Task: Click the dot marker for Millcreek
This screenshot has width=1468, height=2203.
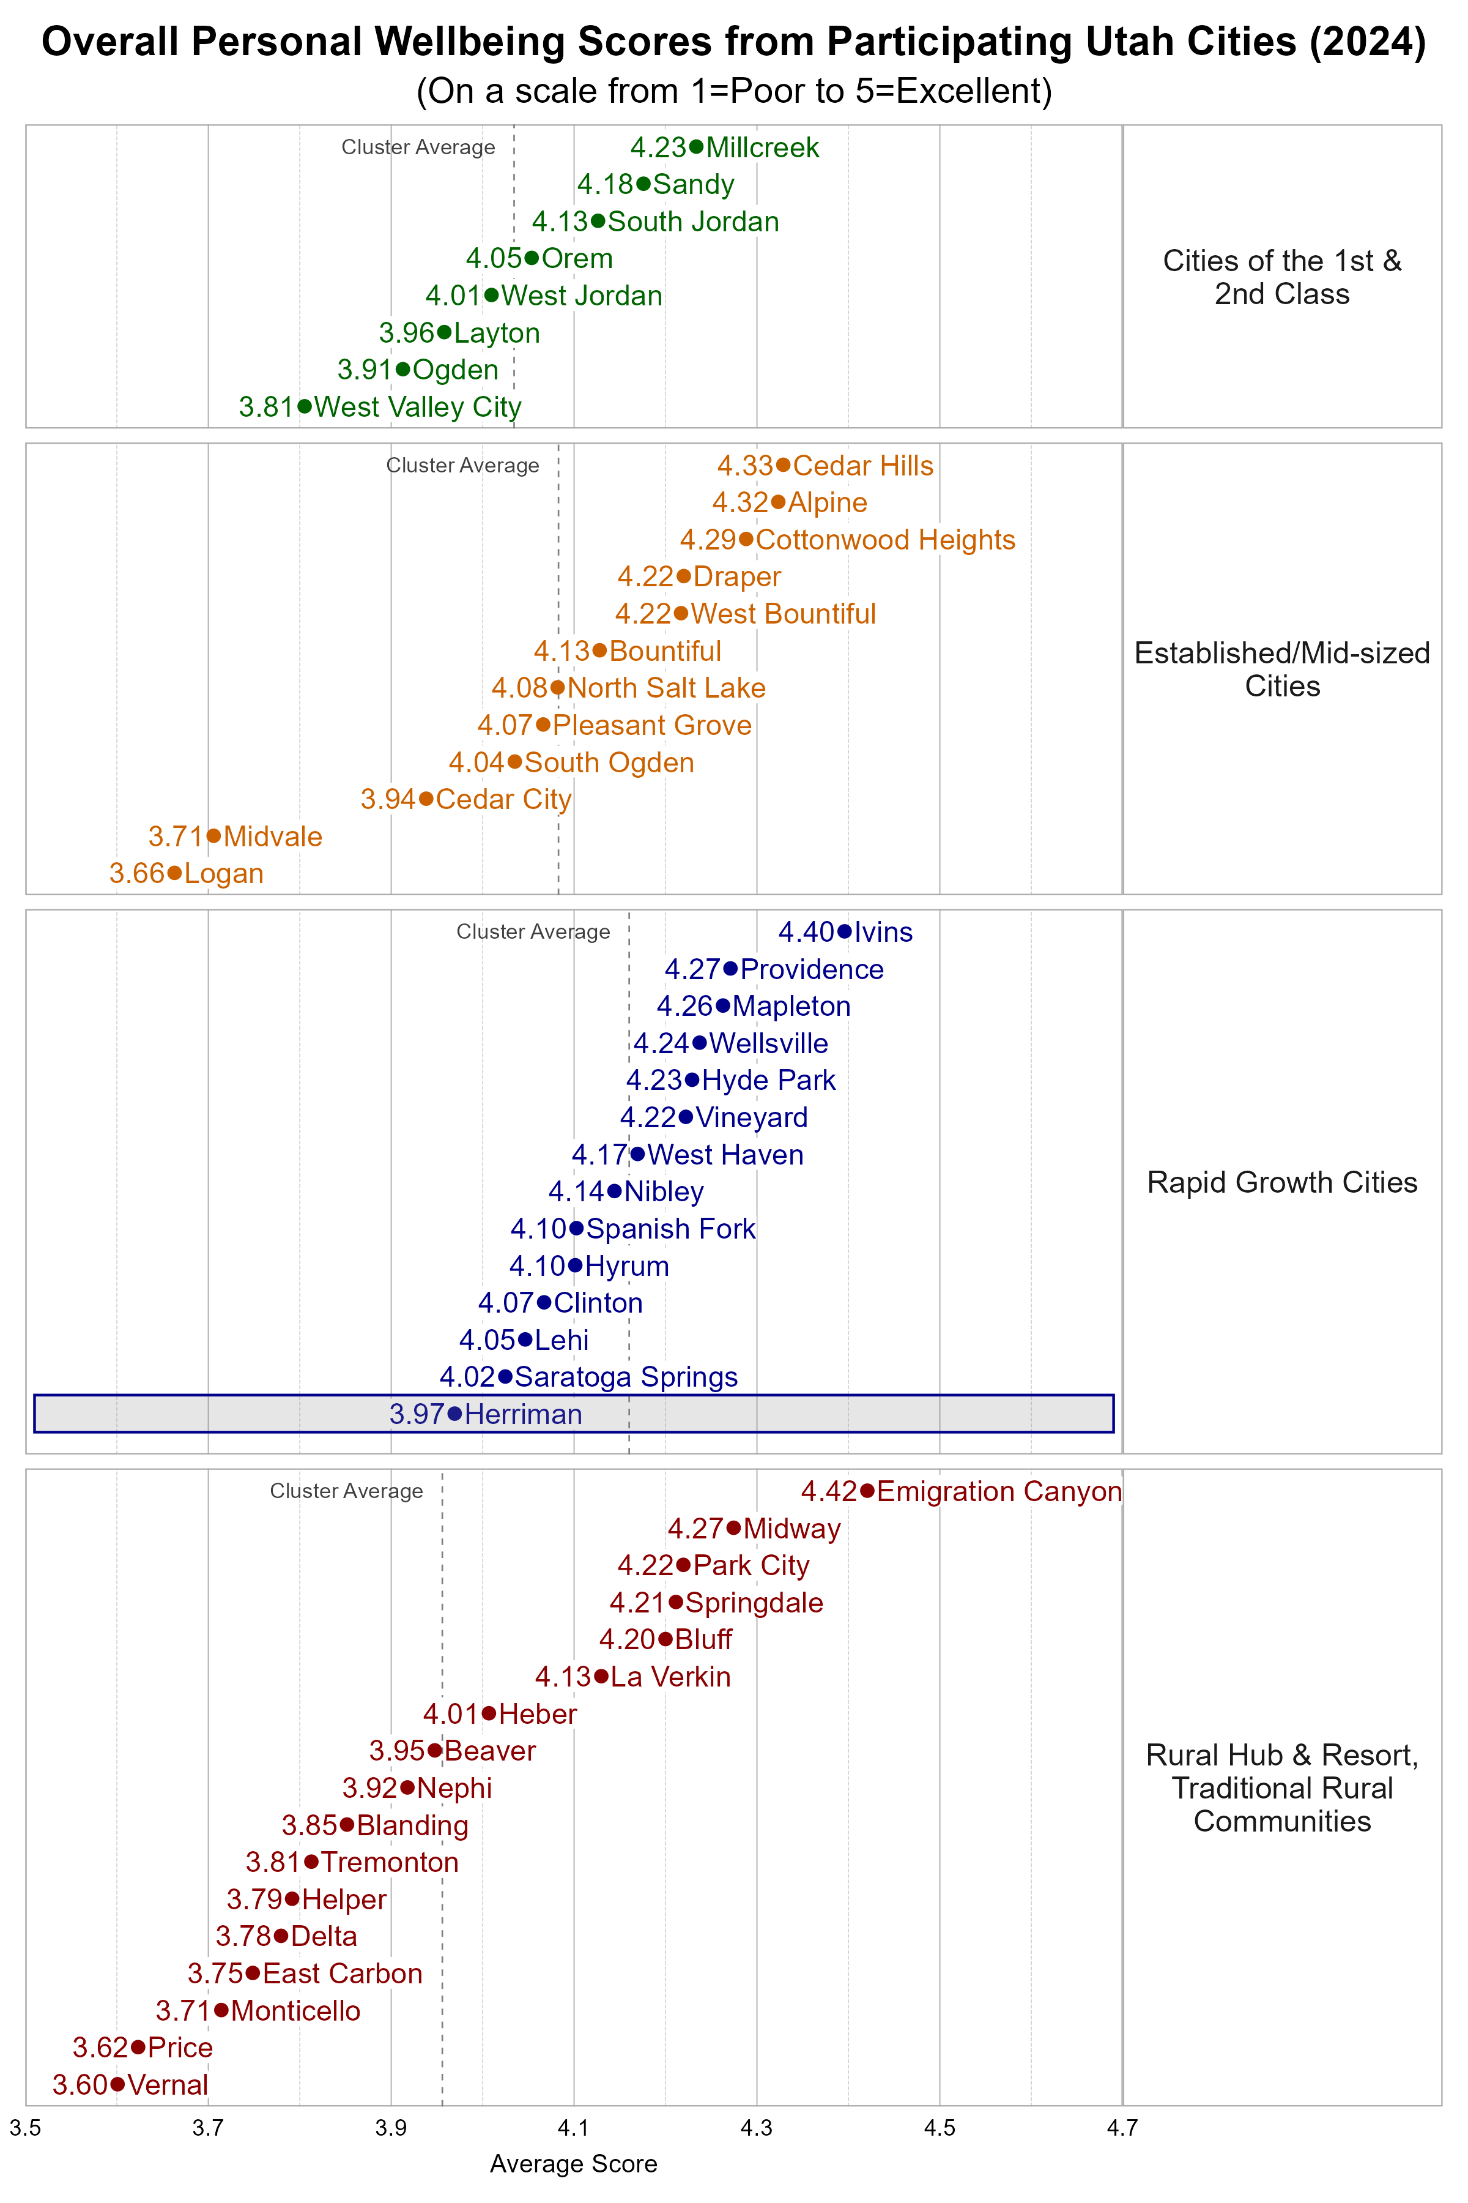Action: click(x=695, y=146)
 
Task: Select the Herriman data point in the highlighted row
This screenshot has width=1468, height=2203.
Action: click(x=455, y=1414)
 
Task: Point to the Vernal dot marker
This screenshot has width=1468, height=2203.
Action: click(x=117, y=2084)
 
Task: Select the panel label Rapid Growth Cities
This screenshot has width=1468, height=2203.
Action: click(x=1281, y=1182)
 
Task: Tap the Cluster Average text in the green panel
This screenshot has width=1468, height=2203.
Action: click(x=418, y=147)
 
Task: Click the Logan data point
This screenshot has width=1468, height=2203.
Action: click(x=174, y=873)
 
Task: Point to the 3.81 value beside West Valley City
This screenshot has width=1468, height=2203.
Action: click(x=266, y=406)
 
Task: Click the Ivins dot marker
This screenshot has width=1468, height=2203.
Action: click(x=845, y=931)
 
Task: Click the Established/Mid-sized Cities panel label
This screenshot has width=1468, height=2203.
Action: click(x=1281, y=669)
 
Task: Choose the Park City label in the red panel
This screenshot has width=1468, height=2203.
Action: click(x=751, y=1565)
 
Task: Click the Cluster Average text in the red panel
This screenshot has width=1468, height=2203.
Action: click(x=346, y=1491)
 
